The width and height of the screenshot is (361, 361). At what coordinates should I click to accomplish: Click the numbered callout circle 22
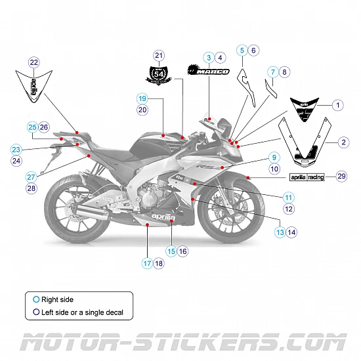[x=34, y=62]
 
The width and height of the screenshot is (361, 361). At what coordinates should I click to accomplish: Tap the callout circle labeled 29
[x=341, y=176]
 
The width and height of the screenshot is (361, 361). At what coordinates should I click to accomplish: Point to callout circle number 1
[x=337, y=104]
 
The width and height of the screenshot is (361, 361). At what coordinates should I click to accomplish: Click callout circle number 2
[x=343, y=142]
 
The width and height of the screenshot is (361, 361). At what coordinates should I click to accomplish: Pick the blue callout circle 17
[x=147, y=263]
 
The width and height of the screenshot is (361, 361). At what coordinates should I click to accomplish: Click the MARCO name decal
[x=209, y=71]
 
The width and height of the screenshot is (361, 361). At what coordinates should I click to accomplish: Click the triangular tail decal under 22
[x=33, y=87]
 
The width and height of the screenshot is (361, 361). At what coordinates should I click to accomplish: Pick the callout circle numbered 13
[x=280, y=232]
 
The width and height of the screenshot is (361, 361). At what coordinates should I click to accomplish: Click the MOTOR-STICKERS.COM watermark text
[x=180, y=343]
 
